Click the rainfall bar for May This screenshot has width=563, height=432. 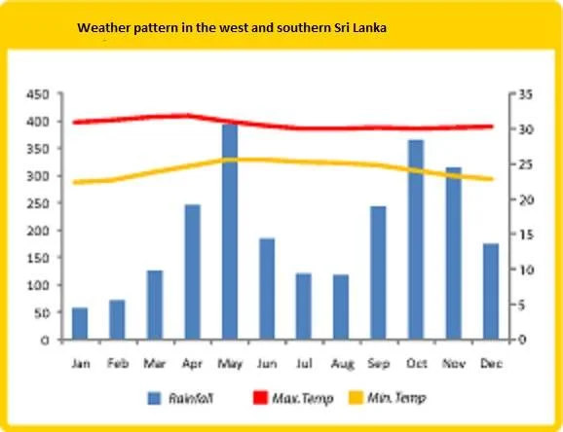tap(230, 232)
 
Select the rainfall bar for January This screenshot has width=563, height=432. tap(80, 323)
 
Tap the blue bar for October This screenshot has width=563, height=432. tap(416, 239)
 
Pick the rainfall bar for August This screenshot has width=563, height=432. tap(341, 306)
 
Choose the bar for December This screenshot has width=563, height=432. tap(491, 291)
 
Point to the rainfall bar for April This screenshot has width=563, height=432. tap(193, 272)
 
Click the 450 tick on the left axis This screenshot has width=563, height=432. tap(38, 94)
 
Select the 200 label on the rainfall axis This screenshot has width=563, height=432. tap(38, 231)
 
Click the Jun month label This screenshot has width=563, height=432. tap(267, 364)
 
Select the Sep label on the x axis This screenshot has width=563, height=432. tap(379, 364)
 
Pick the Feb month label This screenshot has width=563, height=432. tap(118, 364)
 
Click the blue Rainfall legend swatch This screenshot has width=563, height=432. tap(155, 398)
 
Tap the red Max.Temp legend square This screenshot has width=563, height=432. tap(260, 398)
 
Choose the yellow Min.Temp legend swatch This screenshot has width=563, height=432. tap(356, 398)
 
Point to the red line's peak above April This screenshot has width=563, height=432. tap(187, 116)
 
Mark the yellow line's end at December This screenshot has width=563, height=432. tap(492, 179)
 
